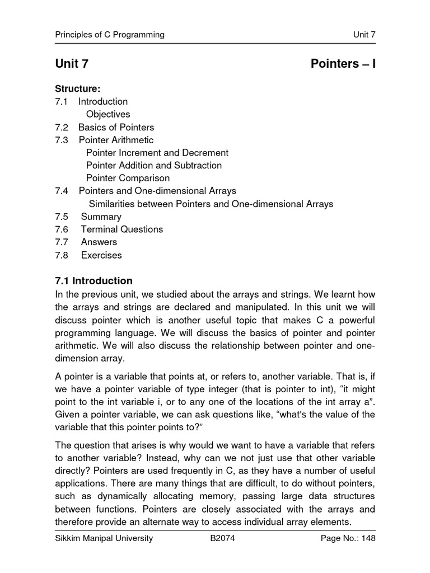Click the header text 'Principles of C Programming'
[110, 35]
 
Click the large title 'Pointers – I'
[343, 64]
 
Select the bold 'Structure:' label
[77, 88]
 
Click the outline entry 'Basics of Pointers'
[116, 127]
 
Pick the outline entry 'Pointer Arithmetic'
[116, 140]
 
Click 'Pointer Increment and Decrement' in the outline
[157, 153]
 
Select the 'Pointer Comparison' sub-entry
[128, 179]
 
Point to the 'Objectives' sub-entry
[108, 114]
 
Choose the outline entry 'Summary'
[101, 217]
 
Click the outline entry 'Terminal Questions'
[122, 229]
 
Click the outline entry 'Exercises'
[101, 255]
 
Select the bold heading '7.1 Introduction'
[94, 281]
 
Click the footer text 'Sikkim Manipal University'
[104, 538]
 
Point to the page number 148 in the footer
[367, 538]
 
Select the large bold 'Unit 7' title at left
[72, 64]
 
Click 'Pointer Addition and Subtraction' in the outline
[154, 166]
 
